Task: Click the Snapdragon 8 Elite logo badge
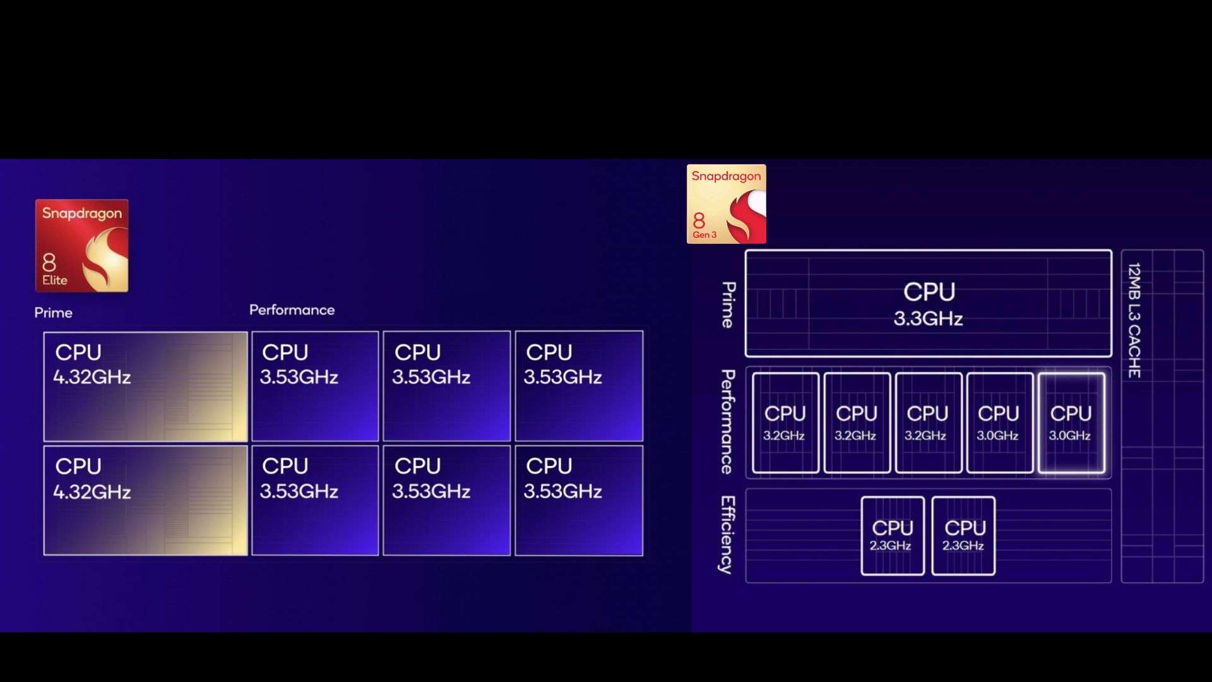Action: (x=81, y=246)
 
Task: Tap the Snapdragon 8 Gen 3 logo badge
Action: (x=726, y=204)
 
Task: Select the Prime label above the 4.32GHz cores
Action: (x=53, y=313)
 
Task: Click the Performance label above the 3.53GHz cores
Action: (x=292, y=310)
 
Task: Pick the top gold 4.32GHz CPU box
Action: (x=145, y=386)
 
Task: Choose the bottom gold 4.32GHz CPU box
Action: (x=145, y=501)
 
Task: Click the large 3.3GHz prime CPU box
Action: (x=928, y=304)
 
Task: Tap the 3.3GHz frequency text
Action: (x=928, y=318)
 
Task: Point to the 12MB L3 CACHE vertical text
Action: (x=1134, y=321)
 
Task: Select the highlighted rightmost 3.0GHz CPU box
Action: (x=1071, y=422)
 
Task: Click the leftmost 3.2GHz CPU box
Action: (x=785, y=422)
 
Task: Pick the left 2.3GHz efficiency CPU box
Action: (x=892, y=536)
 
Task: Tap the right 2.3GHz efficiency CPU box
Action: (x=963, y=536)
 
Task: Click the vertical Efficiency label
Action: (x=727, y=535)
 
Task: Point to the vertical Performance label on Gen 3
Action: (x=727, y=422)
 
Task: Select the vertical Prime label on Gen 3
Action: (x=728, y=304)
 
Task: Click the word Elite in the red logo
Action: (x=55, y=280)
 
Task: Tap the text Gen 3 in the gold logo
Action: (x=704, y=235)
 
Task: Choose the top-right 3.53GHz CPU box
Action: (x=579, y=386)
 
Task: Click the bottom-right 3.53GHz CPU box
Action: (x=579, y=501)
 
